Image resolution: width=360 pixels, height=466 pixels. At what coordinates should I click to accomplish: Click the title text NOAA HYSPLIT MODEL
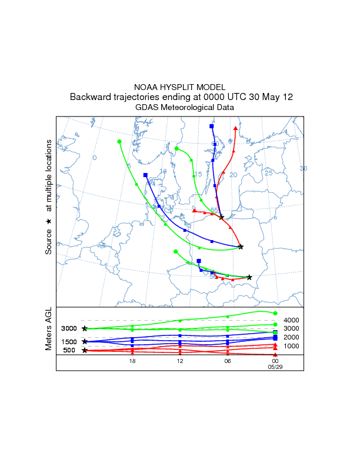(179, 87)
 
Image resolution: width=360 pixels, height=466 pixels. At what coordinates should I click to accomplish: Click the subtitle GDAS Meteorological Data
(185, 108)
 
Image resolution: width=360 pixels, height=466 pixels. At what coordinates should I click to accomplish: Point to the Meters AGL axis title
(49, 331)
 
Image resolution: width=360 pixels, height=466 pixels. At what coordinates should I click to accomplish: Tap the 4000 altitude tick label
(292, 320)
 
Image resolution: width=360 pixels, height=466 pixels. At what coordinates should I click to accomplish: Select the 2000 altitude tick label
(292, 337)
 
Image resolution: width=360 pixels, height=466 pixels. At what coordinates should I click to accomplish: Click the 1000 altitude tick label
(292, 346)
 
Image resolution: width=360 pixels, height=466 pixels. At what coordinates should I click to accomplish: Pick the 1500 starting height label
(69, 342)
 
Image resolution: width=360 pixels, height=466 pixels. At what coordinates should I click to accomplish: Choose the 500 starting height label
(69, 351)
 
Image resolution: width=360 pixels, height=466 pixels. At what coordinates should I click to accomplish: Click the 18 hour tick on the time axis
(133, 361)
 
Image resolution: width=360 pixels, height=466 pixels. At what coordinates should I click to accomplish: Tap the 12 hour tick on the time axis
(180, 361)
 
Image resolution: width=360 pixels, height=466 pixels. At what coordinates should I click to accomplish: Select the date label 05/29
(275, 367)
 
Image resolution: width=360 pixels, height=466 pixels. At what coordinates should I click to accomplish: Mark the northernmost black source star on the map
(222, 218)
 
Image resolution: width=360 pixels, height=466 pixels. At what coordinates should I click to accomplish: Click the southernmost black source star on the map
(249, 277)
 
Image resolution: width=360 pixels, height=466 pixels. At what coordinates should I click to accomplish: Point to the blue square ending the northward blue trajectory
(211, 127)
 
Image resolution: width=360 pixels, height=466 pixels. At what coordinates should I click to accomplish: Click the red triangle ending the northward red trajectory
(236, 128)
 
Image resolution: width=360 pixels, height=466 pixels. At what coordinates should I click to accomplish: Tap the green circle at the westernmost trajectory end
(119, 142)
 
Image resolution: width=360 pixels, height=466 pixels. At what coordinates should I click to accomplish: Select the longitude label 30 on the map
(304, 169)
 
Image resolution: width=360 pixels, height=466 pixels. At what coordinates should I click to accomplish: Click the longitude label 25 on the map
(269, 173)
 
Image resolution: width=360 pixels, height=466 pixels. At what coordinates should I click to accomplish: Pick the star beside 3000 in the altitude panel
(85, 329)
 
